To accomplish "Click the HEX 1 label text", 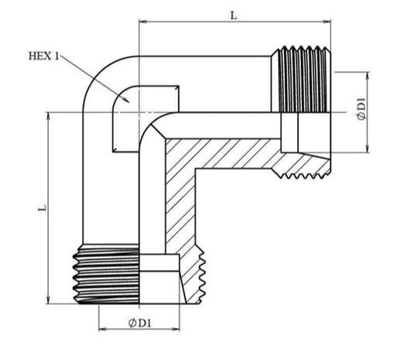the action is point(43,56).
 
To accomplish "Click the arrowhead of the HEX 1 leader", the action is point(126,100).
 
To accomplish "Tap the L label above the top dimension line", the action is point(234,15).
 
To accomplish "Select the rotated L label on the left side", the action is point(43,208).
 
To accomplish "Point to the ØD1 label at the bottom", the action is point(139,323).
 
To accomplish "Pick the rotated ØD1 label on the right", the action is point(361,109).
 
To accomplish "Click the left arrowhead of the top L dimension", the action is point(142,22).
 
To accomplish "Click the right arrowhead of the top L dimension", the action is point(327,22).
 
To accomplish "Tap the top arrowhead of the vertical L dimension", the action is point(49,116).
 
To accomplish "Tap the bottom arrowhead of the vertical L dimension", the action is point(49,300).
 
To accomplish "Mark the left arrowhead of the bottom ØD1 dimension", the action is point(103,329).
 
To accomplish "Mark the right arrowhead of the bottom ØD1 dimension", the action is point(176,329).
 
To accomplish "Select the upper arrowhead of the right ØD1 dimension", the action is point(368,76).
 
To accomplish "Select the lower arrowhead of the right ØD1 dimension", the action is point(368,149).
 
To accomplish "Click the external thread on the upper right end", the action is point(301,79).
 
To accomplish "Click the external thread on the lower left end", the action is point(106,274).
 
